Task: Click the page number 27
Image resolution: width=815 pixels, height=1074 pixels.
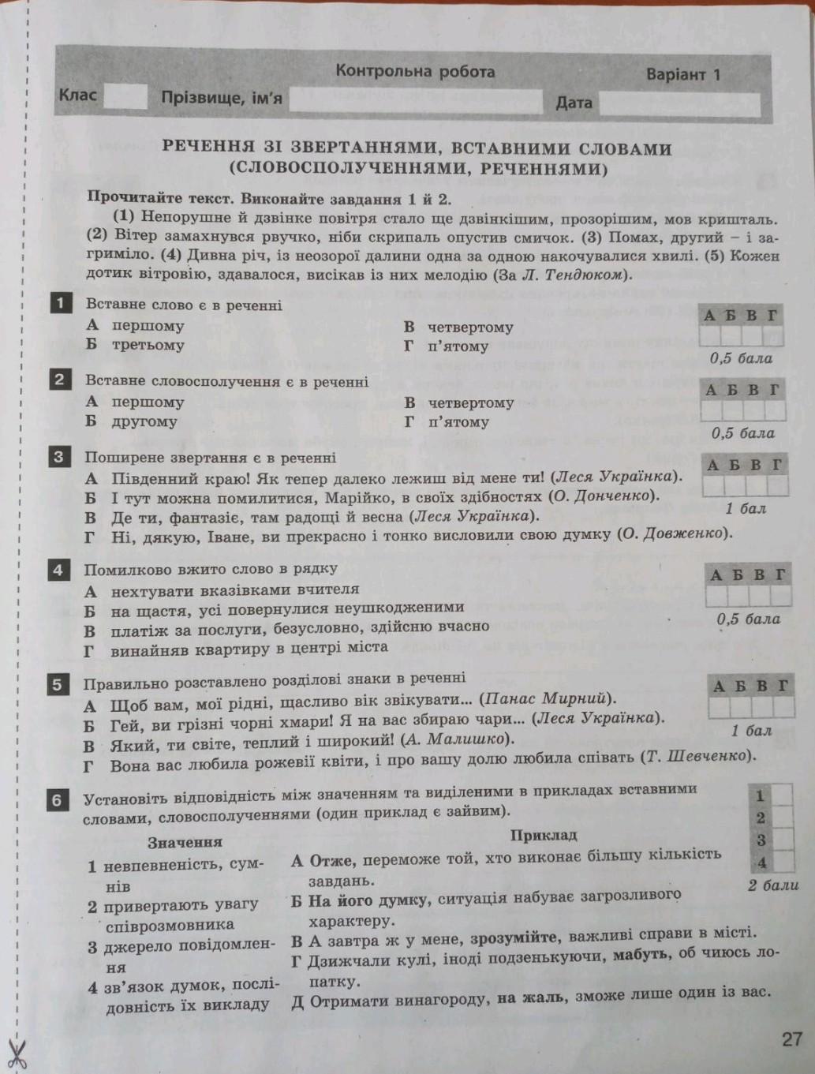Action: pos(791,1038)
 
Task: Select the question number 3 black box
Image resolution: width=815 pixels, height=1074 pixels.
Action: pos(59,457)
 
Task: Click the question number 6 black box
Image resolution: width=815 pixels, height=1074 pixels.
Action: pos(57,800)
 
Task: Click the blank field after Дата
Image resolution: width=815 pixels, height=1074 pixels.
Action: pos(679,103)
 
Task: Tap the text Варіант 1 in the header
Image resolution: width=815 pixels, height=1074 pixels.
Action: pos(683,75)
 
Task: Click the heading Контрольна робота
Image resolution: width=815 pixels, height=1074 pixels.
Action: pos(415,71)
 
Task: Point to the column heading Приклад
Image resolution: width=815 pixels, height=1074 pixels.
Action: pos(544,834)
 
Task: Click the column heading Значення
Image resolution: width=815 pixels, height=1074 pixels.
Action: pos(185,842)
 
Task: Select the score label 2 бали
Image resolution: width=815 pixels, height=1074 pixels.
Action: pos(773,885)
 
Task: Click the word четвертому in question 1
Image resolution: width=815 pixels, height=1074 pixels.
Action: pos(470,327)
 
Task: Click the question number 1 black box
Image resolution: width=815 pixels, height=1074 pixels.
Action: pos(59,303)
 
